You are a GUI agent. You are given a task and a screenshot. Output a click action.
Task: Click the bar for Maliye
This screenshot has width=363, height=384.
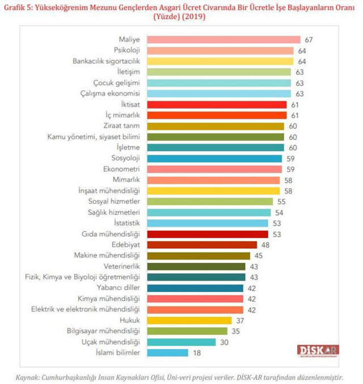[x=223, y=40]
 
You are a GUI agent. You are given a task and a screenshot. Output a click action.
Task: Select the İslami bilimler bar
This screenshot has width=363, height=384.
[x=167, y=353]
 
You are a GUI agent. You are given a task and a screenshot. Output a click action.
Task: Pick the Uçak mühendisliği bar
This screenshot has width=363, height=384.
[x=181, y=342]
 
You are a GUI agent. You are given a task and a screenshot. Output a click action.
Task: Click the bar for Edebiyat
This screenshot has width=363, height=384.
[x=201, y=245]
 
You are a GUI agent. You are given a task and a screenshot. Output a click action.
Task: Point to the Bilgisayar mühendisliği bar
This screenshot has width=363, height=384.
[x=187, y=331]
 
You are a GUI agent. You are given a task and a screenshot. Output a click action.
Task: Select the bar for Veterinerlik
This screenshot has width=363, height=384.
[x=196, y=266]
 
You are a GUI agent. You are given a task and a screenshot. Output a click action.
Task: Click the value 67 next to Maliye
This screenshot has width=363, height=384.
[x=309, y=40]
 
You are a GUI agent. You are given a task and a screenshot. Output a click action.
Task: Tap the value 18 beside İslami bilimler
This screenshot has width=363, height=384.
[x=196, y=353]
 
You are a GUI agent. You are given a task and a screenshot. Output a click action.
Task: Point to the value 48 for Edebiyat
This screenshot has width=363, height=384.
[x=265, y=245]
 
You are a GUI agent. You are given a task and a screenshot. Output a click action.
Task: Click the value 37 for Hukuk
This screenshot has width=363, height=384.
[x=240, y=320]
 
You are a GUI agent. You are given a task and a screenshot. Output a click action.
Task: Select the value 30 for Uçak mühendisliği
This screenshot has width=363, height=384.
[x=224, y=342]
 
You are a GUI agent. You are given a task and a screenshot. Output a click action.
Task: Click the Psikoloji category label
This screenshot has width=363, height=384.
[x=126, y=51]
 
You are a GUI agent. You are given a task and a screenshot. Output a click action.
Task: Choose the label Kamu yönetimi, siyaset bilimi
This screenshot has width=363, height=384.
[x=94, y=137]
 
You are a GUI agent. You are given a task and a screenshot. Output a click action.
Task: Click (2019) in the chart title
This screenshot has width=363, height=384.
[x=193, y=17]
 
